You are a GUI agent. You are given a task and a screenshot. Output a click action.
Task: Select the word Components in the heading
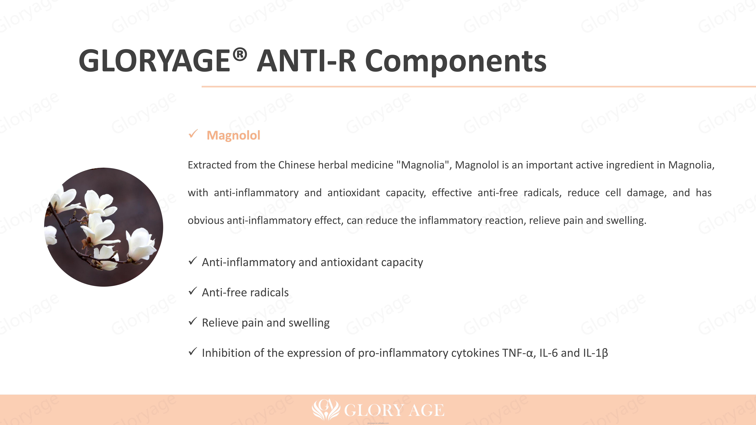click(455, 62)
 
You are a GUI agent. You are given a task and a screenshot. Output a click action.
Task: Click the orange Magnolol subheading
click(233, 135)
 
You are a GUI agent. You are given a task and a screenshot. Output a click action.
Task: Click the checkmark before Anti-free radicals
click(193, 291)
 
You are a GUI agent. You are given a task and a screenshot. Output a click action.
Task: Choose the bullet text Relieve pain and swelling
click(266, 323)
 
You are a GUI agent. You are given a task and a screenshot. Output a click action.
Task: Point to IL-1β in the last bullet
click(595, 353)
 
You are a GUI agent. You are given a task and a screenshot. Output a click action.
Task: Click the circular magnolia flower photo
click(104, 227)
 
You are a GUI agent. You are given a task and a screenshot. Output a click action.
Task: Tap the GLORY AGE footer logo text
click(394, 410)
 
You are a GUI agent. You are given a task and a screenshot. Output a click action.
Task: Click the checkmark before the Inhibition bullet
click(193, 352)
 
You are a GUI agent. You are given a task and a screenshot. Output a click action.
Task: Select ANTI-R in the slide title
click(306, 61)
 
